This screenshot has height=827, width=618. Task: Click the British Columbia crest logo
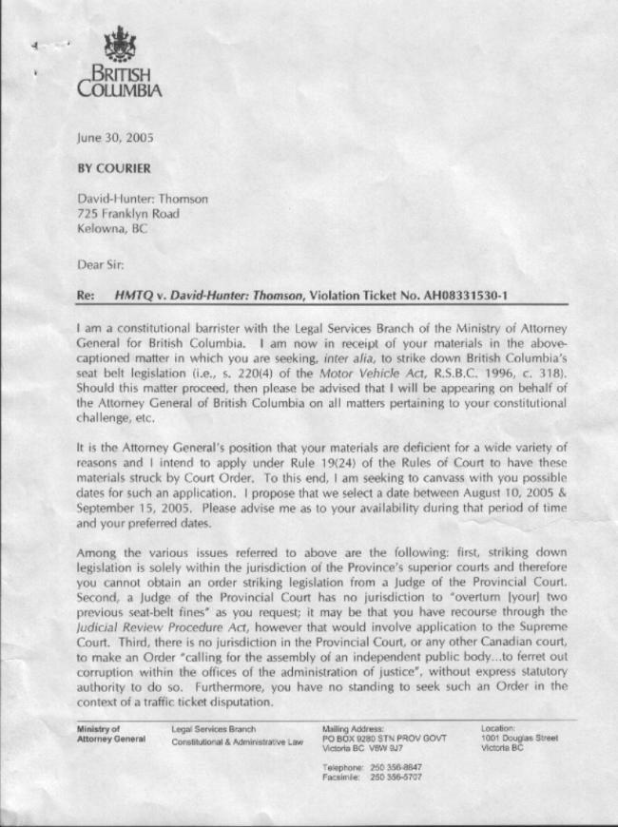point(119,46)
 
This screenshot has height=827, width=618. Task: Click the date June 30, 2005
point(115,137)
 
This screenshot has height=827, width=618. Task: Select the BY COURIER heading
point(113,168)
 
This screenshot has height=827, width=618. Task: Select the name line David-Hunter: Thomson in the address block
point(143,200)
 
